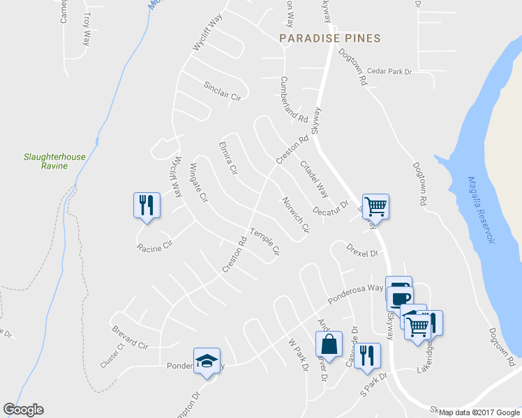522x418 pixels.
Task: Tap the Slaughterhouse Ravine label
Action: point(54,161)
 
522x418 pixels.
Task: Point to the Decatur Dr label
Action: point(330,210)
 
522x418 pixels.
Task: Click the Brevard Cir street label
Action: point(130,336)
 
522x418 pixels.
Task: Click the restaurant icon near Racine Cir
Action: point(147,206)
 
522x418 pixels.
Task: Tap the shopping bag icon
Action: point(329,344)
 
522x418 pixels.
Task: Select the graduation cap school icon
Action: point(207,360)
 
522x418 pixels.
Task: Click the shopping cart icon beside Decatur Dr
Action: point(375,206)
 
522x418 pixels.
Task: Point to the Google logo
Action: point(23,410)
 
